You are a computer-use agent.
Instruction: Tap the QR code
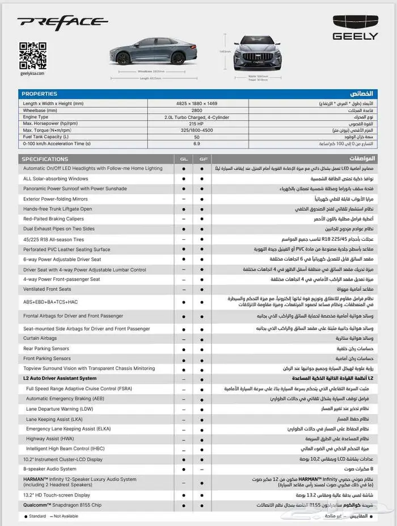click(x=32, y=55)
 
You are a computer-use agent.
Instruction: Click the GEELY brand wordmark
click(x=355, y=36)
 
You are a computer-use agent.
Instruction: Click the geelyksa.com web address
click(x=32, y=73)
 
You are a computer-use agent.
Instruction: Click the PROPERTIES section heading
click(x=40, y=94)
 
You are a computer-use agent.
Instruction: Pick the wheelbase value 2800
click(x=197, y=110)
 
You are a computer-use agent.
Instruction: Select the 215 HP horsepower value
click(x=197, y=123)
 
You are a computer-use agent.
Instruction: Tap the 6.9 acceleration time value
click(x=197, y=144)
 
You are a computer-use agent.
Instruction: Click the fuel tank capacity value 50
click(x=197, y=137)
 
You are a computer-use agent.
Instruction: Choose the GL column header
click(x=183, y=159)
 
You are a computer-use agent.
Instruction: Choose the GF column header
click(x=202, y=159)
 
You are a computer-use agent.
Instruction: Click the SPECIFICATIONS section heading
click(x=45, y=159)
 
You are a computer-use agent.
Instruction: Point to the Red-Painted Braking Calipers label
click(x=54, y=219)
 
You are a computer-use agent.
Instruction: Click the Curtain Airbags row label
click(x=40, y=338)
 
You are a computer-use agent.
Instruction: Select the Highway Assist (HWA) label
click(x=50, y=439)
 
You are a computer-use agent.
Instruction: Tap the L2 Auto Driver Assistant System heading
click(x=60, y=378)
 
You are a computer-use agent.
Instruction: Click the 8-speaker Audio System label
click(x=49, y=469)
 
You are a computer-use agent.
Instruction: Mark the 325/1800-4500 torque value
click(x=197, y=130)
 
